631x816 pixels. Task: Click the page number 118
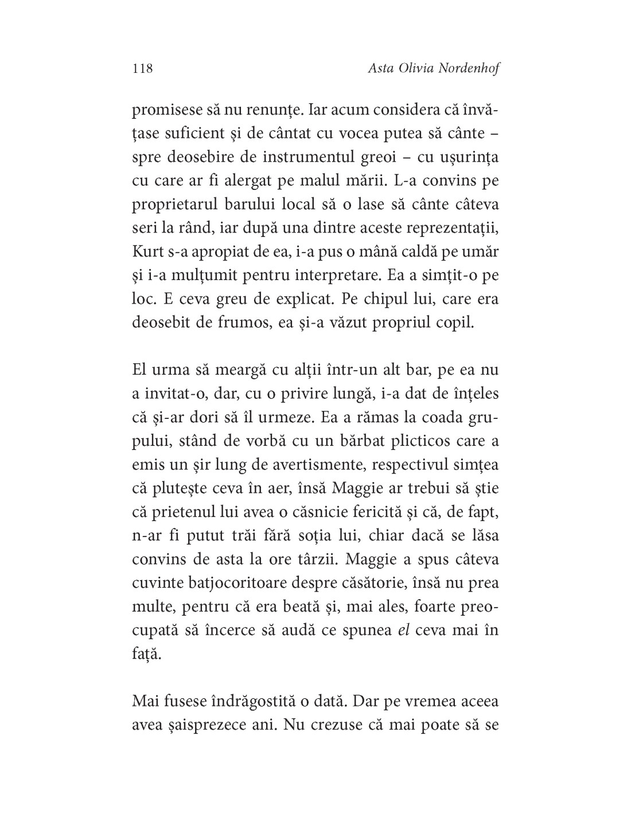(142, 69)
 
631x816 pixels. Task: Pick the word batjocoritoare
(243, 582)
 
